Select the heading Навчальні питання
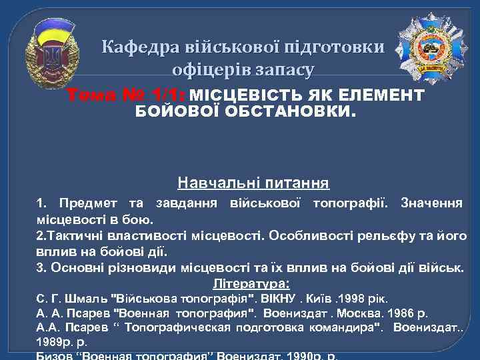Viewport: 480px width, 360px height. click(253, 182)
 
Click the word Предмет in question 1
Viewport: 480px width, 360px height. click(83, 203)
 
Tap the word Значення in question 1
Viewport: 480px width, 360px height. click(430, 203)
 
